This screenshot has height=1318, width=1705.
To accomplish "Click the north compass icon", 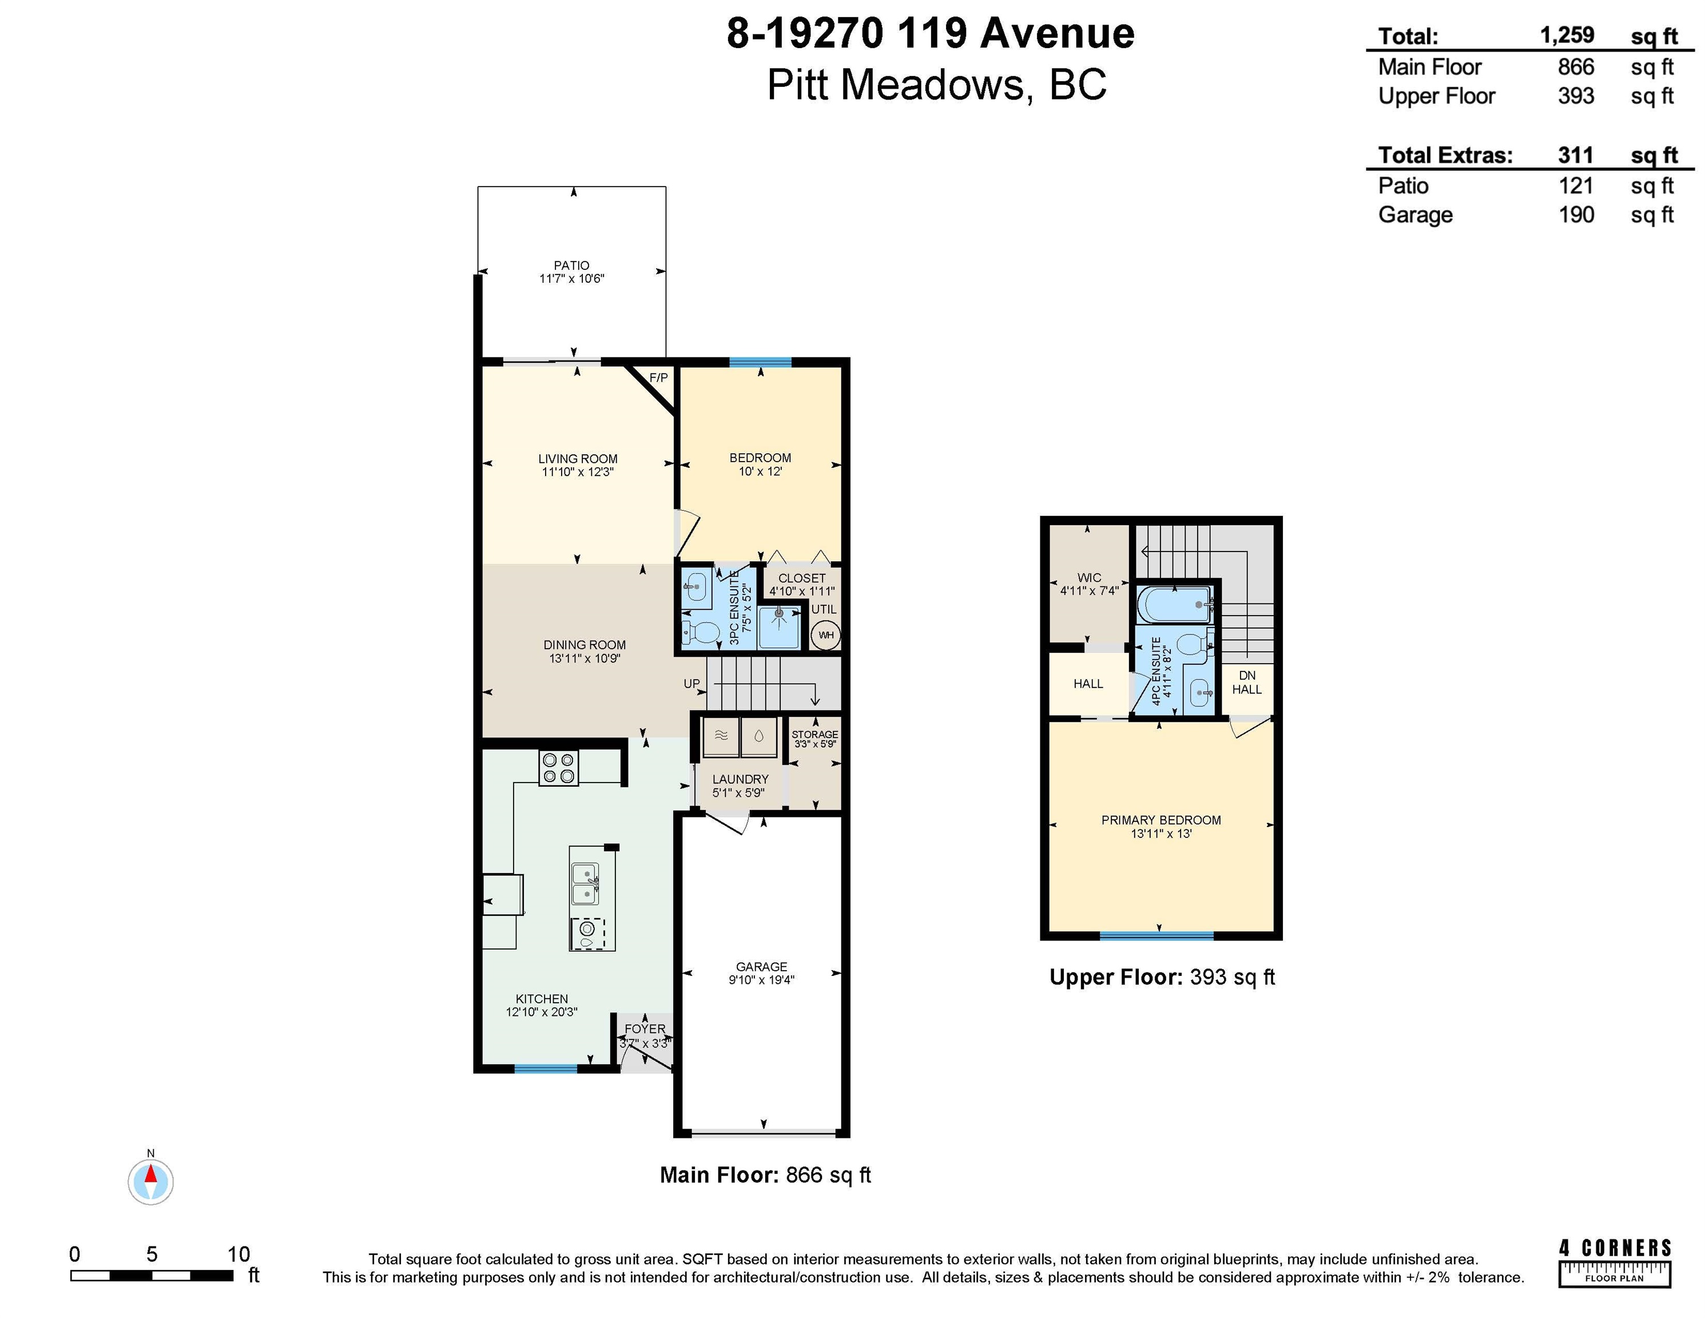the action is (x=150, y=1180).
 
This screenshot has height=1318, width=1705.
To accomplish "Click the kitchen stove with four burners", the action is (x=558, y=768).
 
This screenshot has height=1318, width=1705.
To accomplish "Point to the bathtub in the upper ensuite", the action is (x=1175, y=604).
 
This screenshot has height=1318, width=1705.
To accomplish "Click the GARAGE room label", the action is (x=761, y=967).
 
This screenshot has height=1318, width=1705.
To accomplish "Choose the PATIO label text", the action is (x=571, y=265).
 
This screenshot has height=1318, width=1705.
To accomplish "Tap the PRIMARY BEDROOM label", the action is (x=1161, y=820).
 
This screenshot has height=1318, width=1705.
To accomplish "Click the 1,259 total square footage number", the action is (x=1567, y=35).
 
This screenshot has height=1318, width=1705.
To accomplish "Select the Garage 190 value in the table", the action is (x=1576, y=215).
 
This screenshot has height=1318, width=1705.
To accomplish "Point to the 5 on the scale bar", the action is (x=152, y=1254).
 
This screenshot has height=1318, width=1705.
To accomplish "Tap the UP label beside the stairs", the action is (x=691, y=683).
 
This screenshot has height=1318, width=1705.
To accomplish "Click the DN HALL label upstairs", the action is (x=1247, y=682).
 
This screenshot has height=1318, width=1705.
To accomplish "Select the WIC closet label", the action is (x=1089, y=578).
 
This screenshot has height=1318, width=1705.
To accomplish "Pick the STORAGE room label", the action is (x=814, y=734).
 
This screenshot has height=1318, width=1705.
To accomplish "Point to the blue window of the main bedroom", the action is (x=760, y=362).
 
